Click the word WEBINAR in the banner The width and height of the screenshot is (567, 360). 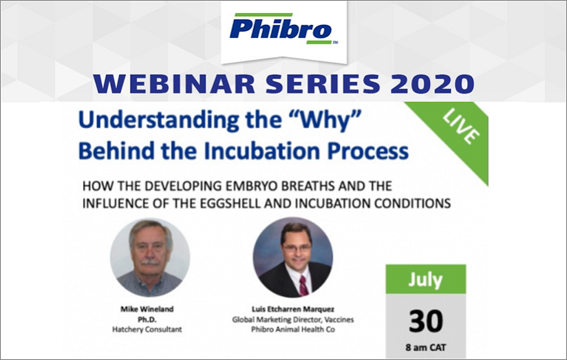pos(174,84)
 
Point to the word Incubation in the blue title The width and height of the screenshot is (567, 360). pos(261,151)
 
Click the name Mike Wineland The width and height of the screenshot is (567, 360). pos(147,309)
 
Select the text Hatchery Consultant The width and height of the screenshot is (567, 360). pos(147,330)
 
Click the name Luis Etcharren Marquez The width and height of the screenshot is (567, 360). pos(293,309)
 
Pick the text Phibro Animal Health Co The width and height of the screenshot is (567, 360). pos(293,330)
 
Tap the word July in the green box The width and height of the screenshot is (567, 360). pos(426,280)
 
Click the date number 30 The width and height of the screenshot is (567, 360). pos(426,321)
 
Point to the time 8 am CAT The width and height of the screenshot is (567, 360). pos(426,348)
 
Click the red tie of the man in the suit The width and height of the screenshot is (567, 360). pos(303,285)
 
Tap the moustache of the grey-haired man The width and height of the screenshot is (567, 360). pos(150,262)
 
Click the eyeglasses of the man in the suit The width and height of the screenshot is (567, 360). pos(297,248)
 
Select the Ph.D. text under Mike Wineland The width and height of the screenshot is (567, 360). pos(147,319)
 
